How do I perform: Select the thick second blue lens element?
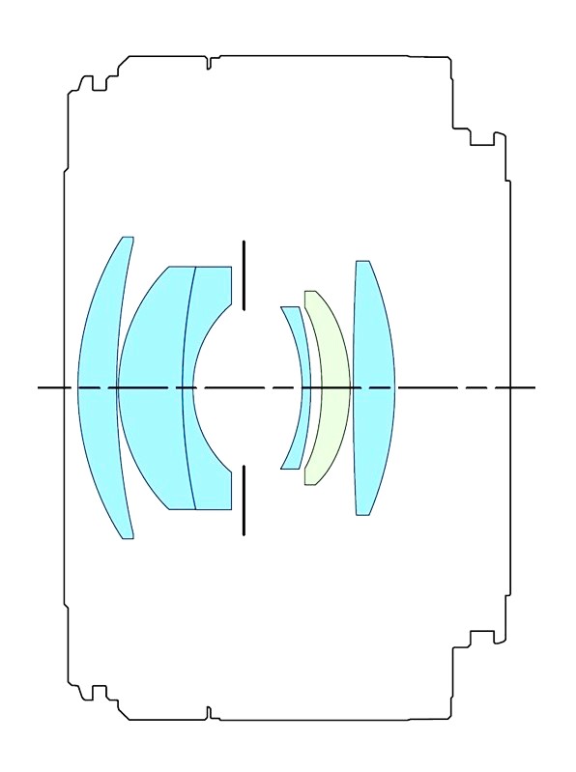point(150,386)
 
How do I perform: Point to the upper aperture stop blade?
point(244,275)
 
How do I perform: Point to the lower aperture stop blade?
point(244,500)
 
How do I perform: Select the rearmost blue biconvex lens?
point(374,386)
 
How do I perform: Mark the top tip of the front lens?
point(128,238)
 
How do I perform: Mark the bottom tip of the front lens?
point(128,537)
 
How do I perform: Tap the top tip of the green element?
point(309,292)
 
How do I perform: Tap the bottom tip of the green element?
point(309,483)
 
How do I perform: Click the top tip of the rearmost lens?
point(362,262)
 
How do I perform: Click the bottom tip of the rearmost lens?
point(362,513)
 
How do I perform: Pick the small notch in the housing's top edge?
point(209,64)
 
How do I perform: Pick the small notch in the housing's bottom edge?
point(209,712)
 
